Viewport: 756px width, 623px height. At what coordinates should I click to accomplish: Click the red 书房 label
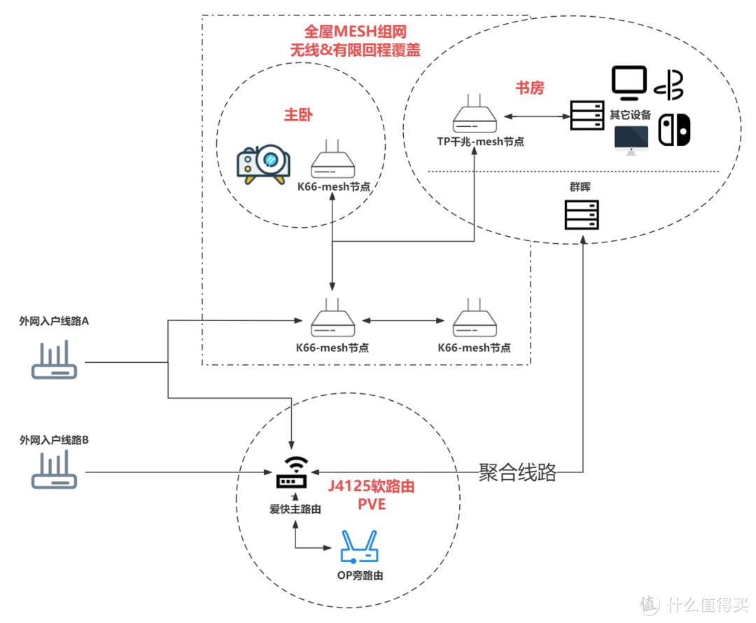(530, 88)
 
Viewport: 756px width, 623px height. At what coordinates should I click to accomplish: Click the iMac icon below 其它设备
(631, 139)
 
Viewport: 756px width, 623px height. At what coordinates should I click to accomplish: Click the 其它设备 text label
(630, 115)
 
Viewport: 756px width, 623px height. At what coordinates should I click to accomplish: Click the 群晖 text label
(582, 188)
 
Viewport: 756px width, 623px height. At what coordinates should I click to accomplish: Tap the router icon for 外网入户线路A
(55, 361)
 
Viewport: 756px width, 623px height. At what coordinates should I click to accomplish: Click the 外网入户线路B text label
(55, 441)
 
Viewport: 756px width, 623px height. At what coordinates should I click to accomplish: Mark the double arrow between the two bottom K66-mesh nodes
(403, 321)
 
